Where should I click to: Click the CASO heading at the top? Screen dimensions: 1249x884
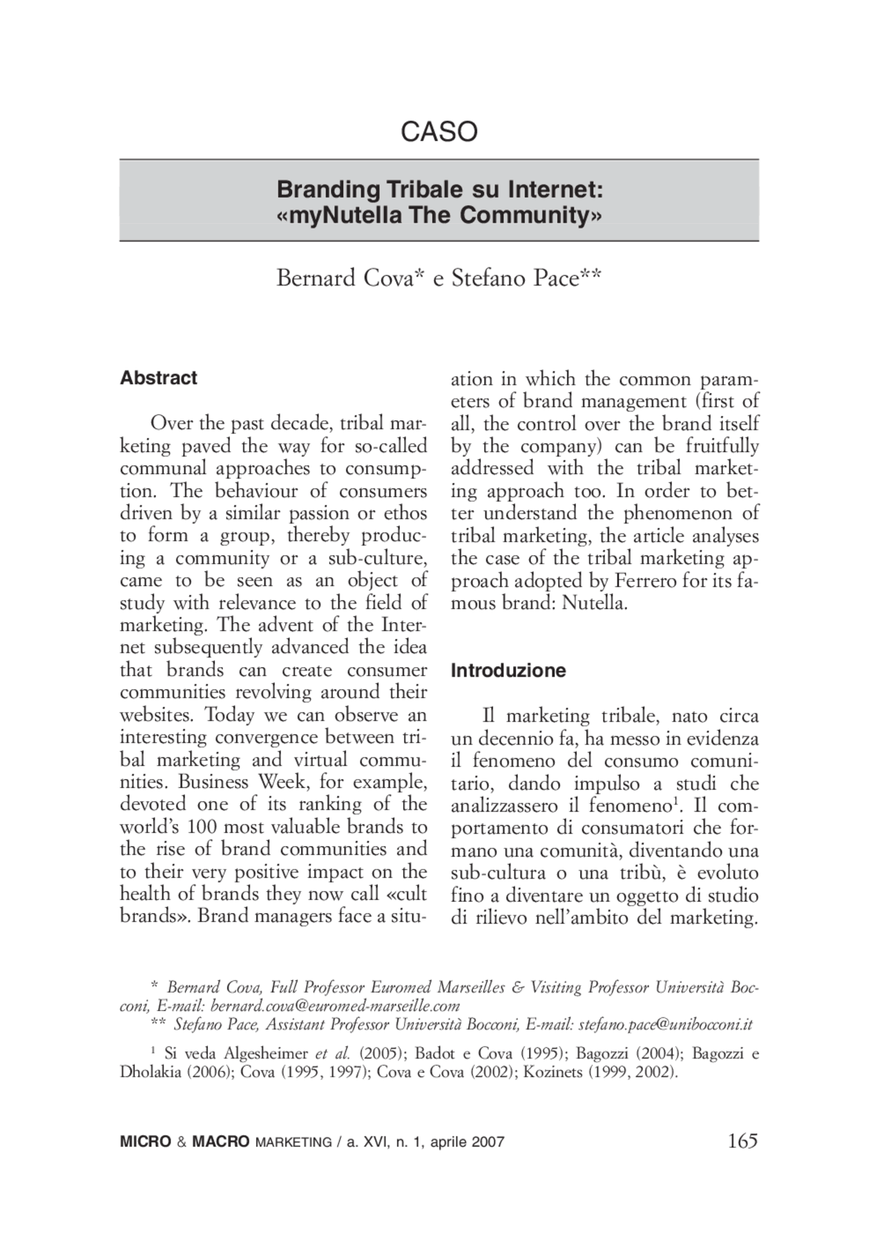click(x=439, y=131)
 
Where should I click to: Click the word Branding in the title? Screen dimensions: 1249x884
click(x=328, y=189)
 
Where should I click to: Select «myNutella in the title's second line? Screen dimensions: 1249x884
click(x=339, y=215)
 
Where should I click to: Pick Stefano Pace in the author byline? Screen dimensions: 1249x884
click(x=515, y=278)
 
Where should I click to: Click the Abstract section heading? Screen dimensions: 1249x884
click(x=158, y=378)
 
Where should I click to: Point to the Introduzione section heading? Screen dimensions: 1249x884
click(x=508, y=670)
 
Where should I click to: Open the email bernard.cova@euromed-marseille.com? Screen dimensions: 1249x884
click(x=335, y=1006)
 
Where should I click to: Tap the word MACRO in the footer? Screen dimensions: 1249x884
click(x=220, y=1142)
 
